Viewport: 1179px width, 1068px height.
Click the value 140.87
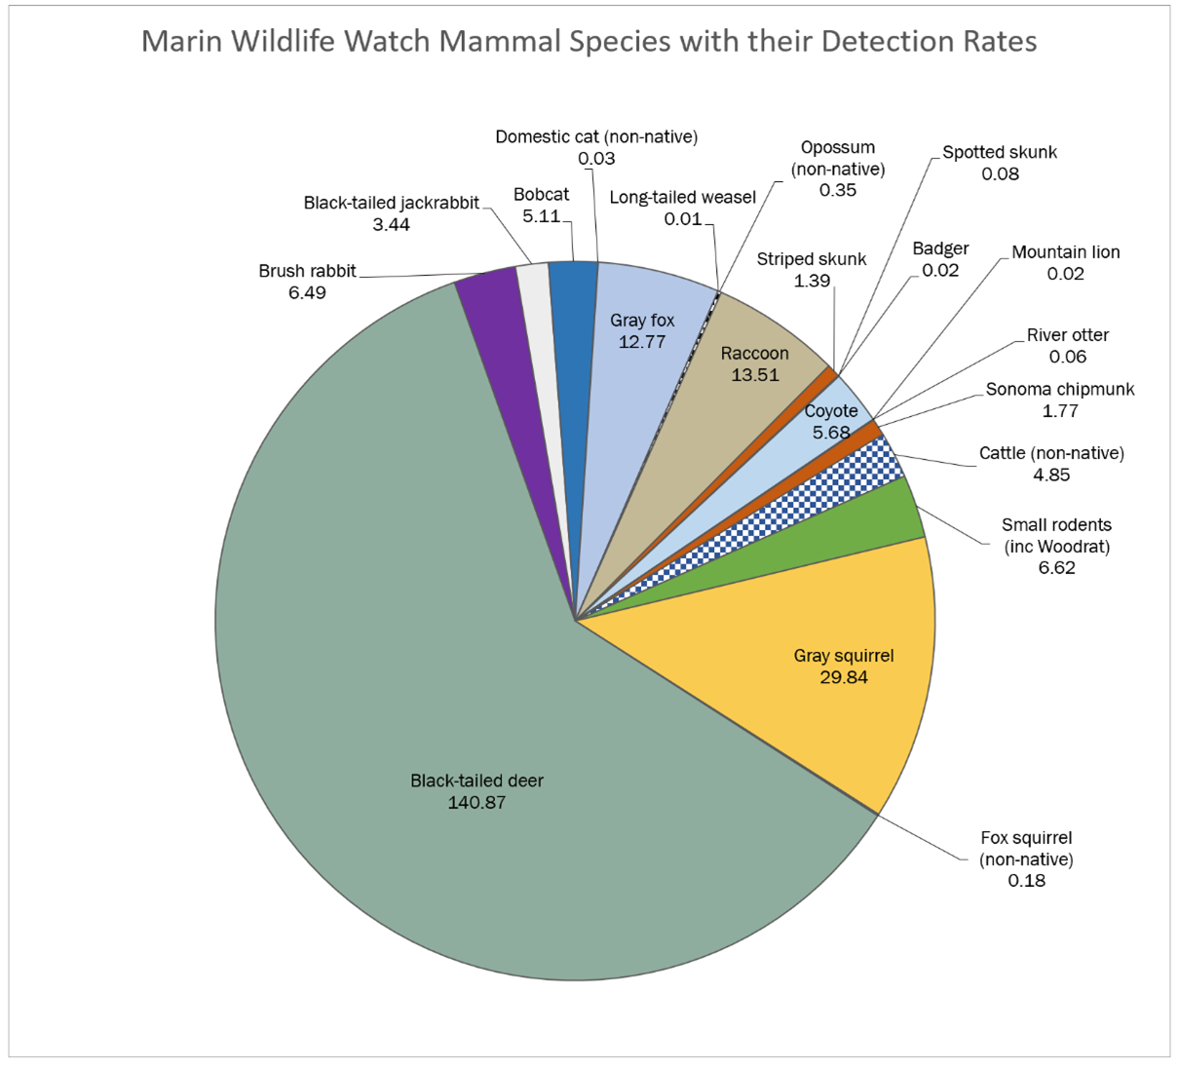click(476, 803)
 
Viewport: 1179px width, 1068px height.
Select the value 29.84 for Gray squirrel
click(844, 677)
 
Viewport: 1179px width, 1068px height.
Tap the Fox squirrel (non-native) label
click(1026, 848)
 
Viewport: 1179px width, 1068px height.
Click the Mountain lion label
click(1065, 252)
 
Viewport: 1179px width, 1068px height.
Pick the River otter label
click(1068, 335)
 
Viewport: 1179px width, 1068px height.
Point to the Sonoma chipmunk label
click(1060, 390)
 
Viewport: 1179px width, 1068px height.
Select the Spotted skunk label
click(1000, 153)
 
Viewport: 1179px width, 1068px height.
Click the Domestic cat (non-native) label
click(596, 137)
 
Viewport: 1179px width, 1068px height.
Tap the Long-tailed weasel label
click(682, 198)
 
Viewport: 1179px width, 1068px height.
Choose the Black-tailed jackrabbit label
click(391, 204)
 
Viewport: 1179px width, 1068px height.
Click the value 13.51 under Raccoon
click(755, 375)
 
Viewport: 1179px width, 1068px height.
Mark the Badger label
click(940, 249)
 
